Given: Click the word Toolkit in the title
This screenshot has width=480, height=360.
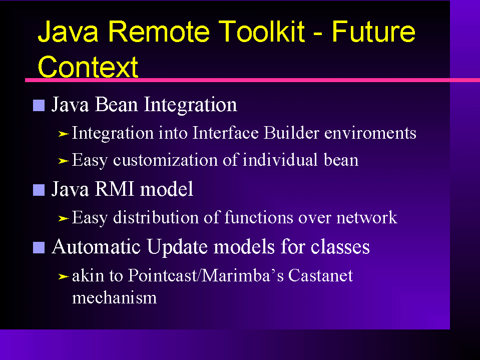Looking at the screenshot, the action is tap(261, 31).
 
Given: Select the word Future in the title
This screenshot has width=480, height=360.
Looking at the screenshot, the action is tap(373, 31).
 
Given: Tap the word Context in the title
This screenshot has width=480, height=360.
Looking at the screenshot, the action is tap(88, 67).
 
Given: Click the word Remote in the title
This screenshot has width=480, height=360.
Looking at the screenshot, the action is tap(159, 31).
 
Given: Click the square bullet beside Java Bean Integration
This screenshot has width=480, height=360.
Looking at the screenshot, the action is tap(39, 105).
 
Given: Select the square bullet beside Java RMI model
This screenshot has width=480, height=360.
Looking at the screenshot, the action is tap(39, 190).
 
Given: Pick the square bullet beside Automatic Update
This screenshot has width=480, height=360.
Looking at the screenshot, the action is tap(39, 248).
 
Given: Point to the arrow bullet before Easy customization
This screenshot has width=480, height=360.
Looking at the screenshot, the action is tap(64, 161).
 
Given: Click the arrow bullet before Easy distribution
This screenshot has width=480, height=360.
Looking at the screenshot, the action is tap(64, 218).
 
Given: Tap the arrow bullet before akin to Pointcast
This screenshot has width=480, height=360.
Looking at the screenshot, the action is tap(64, 276).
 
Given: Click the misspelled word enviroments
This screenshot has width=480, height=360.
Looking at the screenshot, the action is tap(370, 133).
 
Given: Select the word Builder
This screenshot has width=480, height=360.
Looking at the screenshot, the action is tap(291, 133).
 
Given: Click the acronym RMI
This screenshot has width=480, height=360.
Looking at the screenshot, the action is tap(114, 189).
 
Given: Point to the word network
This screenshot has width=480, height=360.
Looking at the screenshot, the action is tap(367, 217).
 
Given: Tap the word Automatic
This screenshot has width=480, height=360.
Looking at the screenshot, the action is tap(96, 246).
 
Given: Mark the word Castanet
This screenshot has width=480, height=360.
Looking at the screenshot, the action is tap(320, 275).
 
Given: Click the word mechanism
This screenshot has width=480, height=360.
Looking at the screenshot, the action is tap(114, 297).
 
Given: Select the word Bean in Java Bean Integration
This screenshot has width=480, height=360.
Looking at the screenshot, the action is tap(116, 104).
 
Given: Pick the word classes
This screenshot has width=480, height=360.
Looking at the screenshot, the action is tap(340, 246).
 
